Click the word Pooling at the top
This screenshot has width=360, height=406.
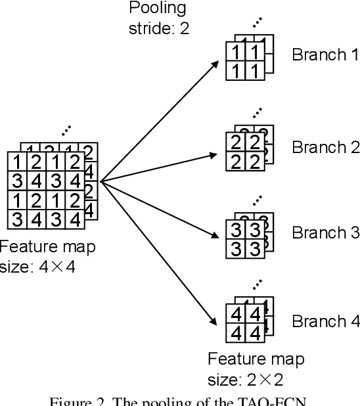157,9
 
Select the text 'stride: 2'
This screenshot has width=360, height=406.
158,29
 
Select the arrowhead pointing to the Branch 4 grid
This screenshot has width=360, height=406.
216,322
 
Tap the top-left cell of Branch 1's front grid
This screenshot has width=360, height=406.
234,53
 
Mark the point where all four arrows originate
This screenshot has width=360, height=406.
100,179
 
